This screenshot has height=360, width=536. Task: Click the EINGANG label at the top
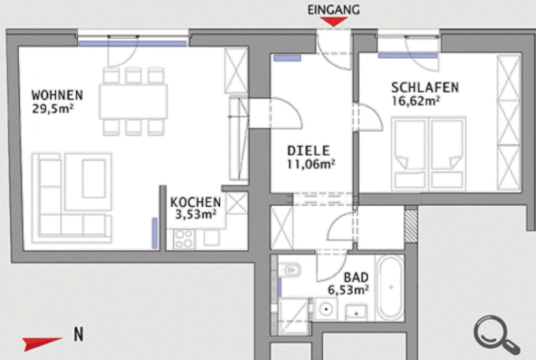[333, 10]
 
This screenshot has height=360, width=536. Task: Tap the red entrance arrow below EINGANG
[333, 21]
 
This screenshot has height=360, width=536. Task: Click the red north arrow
[42, 343]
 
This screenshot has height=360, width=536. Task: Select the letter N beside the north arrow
[79, 334]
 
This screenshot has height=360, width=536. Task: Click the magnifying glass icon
[496, 335]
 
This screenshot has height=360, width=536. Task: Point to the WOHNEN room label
[57, 95]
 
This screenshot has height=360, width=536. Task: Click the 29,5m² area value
[53, 109]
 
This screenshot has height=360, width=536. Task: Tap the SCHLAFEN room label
[425, 88]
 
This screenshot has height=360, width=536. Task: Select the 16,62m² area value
[415, 101]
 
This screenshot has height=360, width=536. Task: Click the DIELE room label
[308, 151]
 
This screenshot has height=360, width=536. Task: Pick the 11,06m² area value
[311, 164]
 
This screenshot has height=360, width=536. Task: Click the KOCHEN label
[196, 202]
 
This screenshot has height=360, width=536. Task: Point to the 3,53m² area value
[196, 214]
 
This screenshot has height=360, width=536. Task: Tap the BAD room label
[356, 277]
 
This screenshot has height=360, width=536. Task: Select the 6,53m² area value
[348, 290]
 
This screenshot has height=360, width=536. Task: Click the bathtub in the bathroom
[390, 288]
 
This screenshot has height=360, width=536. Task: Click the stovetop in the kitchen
[184, 239]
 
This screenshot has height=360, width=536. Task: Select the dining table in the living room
[133, 101]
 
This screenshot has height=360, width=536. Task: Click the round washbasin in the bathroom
[326, 309]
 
